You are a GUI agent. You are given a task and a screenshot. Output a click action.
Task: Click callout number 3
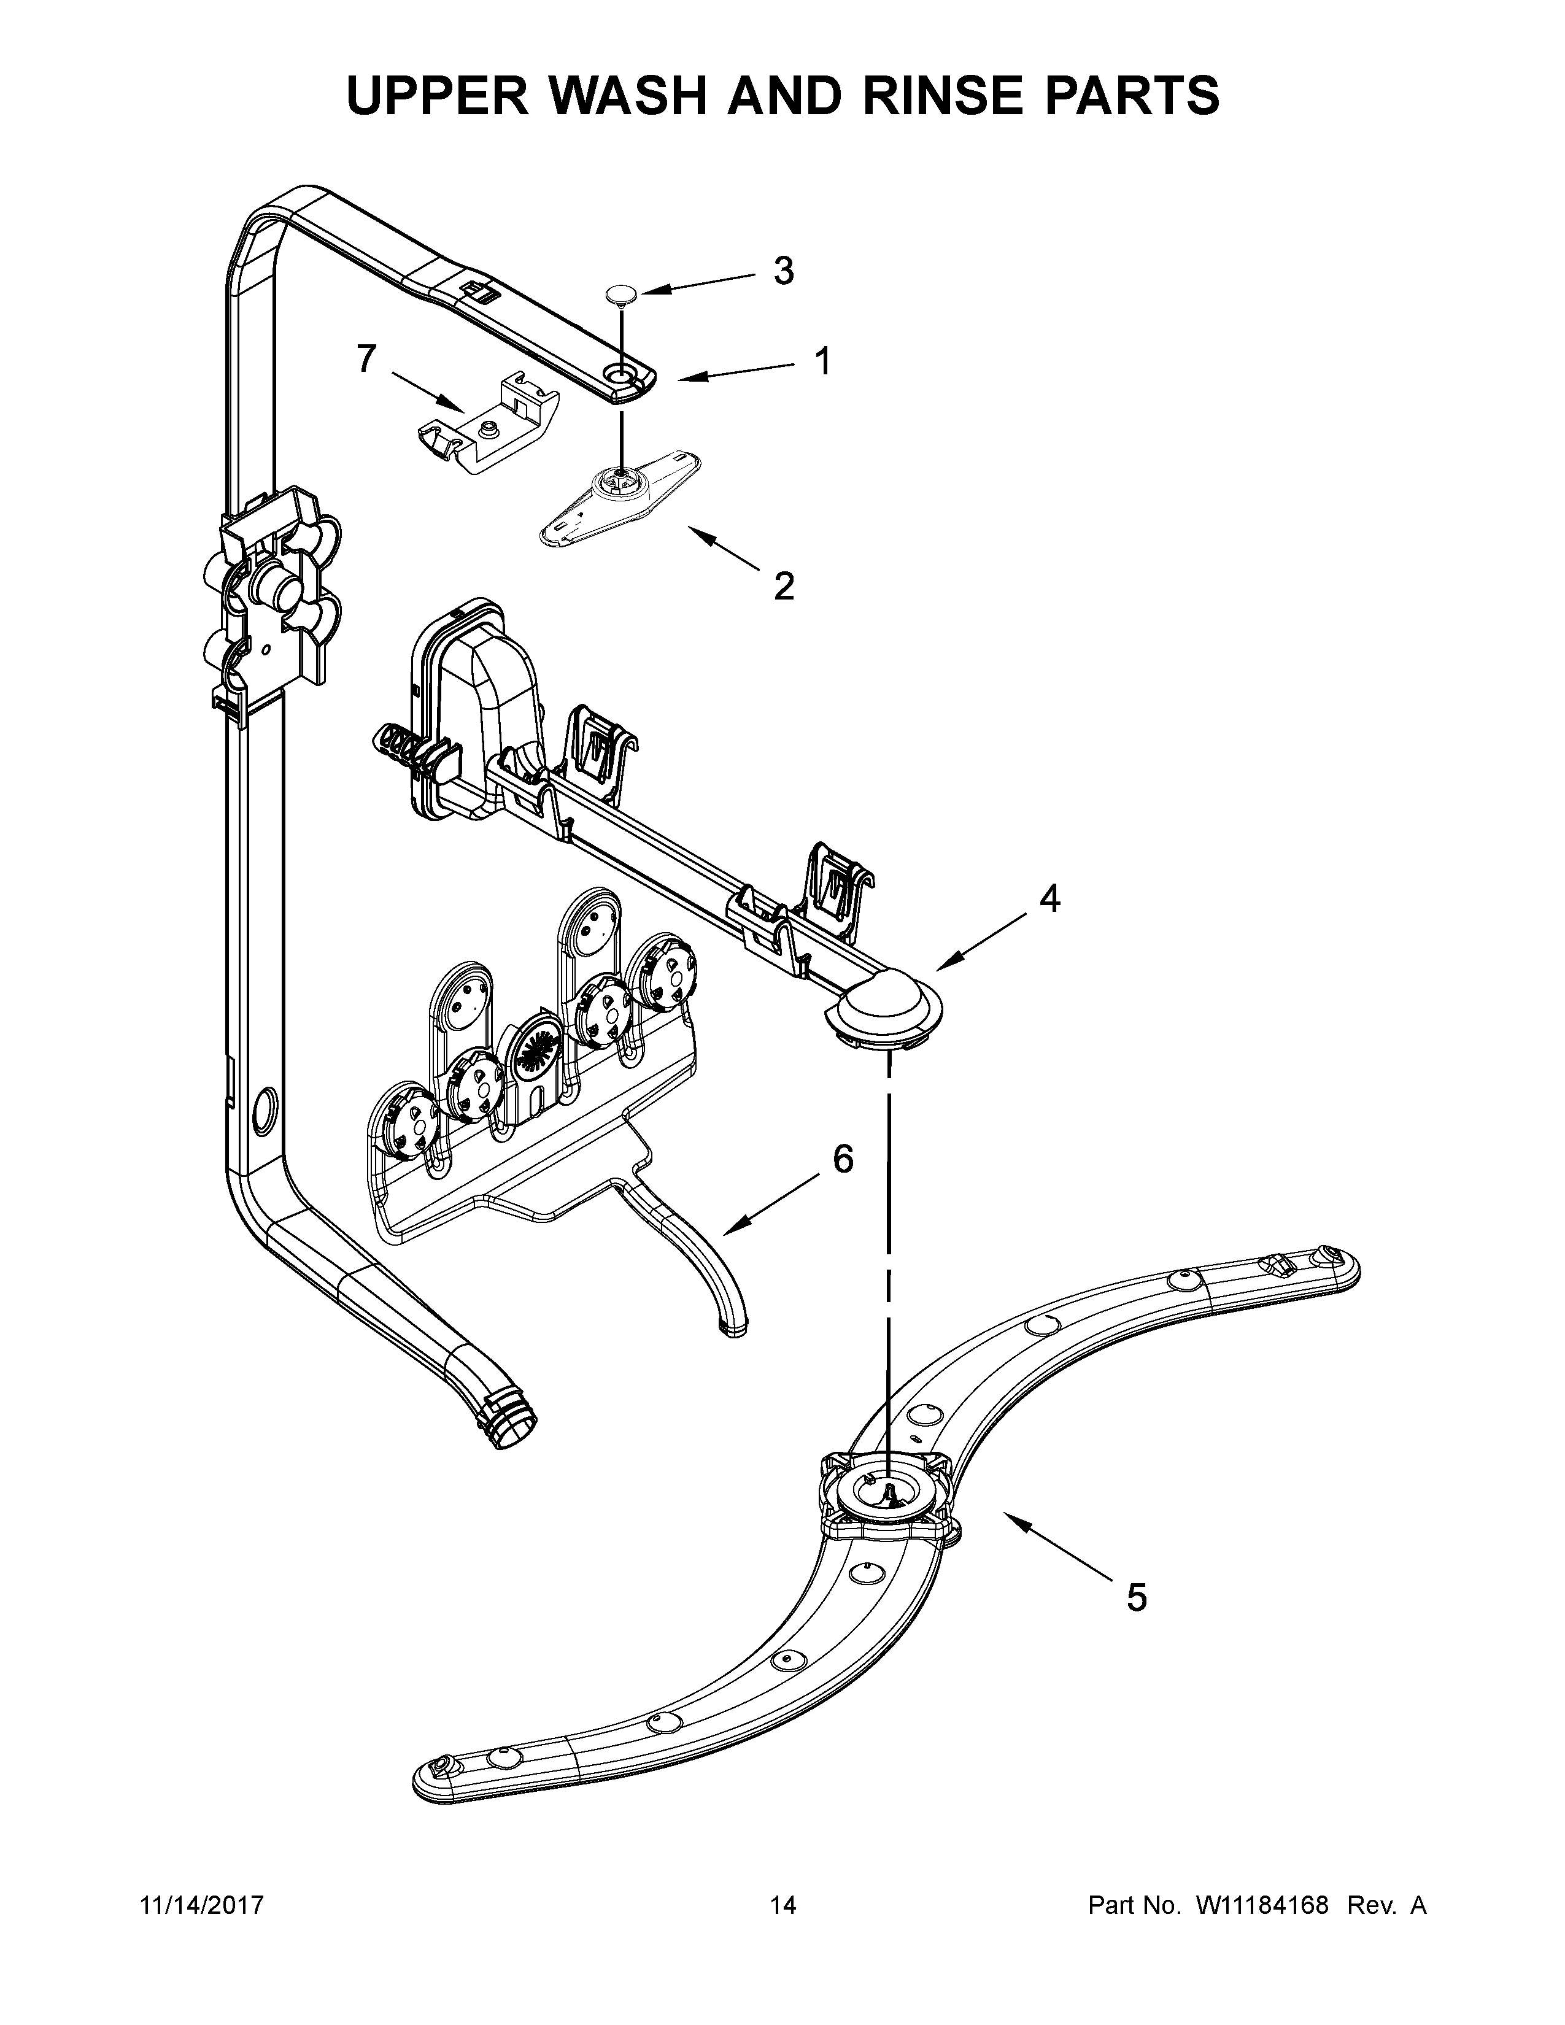coord(784,271)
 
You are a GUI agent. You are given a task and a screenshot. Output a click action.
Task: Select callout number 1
coord(821,361)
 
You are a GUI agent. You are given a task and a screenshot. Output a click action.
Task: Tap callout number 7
coord(367,359)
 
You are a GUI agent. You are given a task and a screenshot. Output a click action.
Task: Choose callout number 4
coord(1049,898)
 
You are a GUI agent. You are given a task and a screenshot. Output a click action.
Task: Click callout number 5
coord(1137,1597)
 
